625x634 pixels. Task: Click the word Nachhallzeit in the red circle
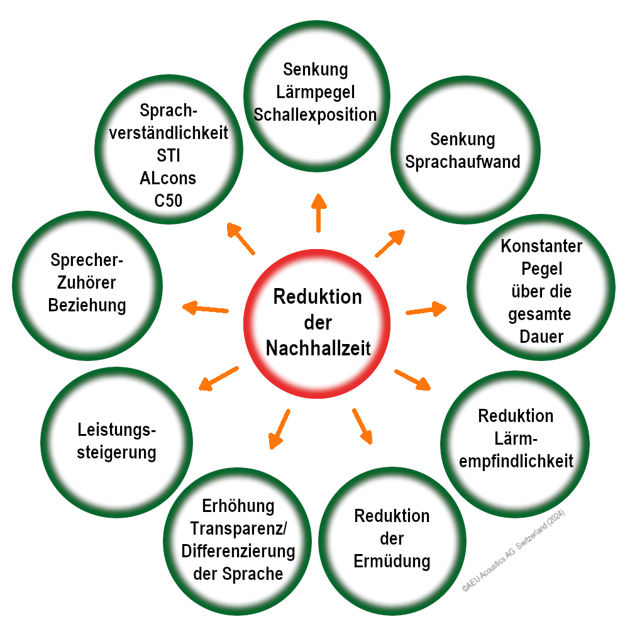(318, 348)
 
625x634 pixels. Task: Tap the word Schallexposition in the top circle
(314, 114)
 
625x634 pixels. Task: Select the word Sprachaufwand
(463, 162)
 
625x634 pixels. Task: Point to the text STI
(168, 155)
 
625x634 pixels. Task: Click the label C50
(168, 201)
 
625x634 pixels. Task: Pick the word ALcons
(168, 179)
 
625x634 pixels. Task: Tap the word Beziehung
(87, 306)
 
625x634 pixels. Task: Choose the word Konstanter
(541, 246)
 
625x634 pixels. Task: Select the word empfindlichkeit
(516, 461)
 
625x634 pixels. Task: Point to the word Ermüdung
(392, 561)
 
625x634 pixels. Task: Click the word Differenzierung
(238, 552)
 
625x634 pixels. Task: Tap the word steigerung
(117, 452)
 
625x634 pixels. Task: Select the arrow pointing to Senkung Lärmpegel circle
(318, 212)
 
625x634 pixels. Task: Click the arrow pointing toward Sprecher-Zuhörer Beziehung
(205, 308)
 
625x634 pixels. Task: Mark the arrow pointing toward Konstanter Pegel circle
(426, 309)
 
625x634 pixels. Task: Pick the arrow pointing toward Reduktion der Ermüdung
(362, 426)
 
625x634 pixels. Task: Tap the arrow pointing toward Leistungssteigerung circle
(218, 377)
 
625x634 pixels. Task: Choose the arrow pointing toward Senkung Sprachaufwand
(390, 243)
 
